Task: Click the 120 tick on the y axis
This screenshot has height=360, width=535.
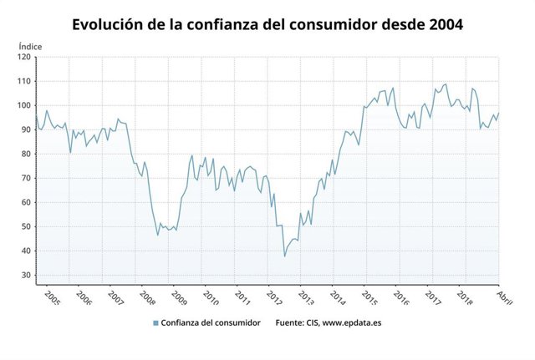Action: click(x=23, y=58)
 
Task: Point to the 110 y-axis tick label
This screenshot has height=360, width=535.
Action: click(x=23, y=82)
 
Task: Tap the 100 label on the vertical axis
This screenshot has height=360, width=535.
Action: click(x=23, y=106)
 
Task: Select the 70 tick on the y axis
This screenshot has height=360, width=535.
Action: click(x=24, y=179)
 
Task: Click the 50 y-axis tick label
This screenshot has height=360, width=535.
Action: click(x=24, y=227)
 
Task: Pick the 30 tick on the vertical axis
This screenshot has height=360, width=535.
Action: click(x=24, y=276)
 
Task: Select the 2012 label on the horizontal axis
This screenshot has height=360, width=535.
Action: click(x=273, y=299)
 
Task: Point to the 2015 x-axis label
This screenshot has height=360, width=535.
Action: click(x=369, y=299)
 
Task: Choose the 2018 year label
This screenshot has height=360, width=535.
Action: click(x=466, y=299)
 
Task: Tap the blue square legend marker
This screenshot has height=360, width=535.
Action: click(x=155, y=323)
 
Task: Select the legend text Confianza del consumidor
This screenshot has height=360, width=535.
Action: click(x=211, y=323)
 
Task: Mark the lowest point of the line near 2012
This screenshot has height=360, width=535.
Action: click(x=284, y=256)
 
